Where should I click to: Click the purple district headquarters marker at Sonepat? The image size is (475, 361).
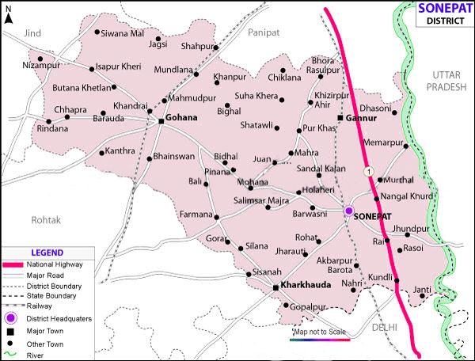(x=348, y=211)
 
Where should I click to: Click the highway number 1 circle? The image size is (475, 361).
(x=367, y=170)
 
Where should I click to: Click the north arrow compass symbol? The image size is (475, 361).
(x=8, y=17)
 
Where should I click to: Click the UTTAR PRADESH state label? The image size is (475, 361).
(x=446, y=81)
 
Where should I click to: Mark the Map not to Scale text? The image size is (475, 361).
(x=321, y=332)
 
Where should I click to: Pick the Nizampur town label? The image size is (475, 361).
(x=41, y=64)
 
